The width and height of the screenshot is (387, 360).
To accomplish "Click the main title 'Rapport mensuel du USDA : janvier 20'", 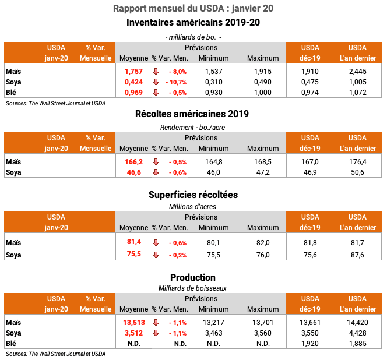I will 193,9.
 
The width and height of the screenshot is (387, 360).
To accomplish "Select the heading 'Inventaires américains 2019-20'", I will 193,23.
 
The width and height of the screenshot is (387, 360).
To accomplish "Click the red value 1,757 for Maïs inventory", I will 133,70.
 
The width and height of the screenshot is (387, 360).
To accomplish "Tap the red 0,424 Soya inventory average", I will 133,82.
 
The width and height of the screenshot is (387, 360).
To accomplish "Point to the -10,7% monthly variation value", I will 176,82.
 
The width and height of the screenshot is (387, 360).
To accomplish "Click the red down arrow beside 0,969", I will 156,92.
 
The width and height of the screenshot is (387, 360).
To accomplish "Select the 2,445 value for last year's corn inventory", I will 357,70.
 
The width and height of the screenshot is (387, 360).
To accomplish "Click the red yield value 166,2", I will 133,161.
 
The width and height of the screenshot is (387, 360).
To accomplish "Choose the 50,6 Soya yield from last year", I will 357,172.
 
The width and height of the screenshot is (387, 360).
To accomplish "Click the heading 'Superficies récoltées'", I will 192,195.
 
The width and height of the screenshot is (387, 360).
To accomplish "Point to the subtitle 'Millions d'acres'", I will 192,206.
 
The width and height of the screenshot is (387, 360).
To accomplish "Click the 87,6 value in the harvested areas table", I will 357,254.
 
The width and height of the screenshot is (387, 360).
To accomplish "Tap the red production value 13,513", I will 133,322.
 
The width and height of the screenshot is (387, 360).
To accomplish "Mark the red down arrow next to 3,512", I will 156,333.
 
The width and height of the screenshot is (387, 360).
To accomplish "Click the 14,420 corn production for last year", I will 357,322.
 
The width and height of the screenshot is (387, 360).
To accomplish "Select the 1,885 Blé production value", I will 357,344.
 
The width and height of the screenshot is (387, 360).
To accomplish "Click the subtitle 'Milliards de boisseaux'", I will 192,288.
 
